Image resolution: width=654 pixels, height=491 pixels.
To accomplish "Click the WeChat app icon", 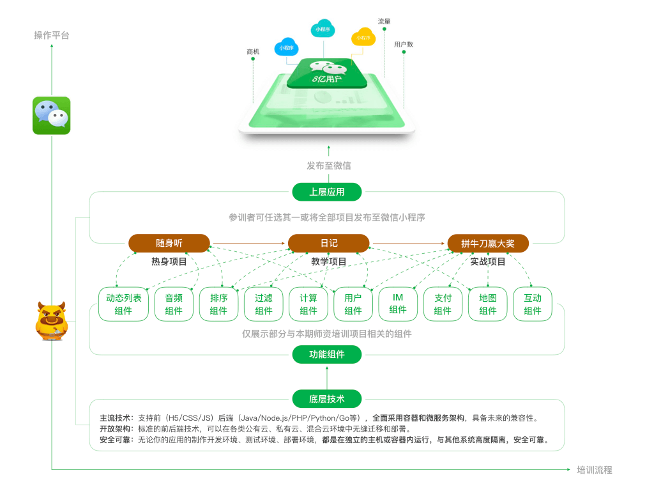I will (x=51, y=116).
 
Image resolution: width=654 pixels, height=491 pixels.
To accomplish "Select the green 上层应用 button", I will (x=327, y=192).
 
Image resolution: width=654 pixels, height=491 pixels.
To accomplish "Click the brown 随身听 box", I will (x=169, y=243).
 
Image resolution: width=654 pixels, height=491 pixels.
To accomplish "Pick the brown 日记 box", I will (x=328, y=243).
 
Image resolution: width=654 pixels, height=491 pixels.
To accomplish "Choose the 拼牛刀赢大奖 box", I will (x=488, y=243).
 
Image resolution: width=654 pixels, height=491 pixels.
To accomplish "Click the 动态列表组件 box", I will (x=123, y=304).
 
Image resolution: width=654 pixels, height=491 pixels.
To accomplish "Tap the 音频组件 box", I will (x=174, y=304).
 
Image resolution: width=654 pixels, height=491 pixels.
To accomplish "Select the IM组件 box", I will (x=398, y=304).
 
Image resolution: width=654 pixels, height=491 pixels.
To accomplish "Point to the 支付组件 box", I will (x=443, y=304).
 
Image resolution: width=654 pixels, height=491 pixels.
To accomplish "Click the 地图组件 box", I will (x=488, y=304).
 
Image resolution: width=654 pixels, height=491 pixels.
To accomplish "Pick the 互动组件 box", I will (x=533, y=304).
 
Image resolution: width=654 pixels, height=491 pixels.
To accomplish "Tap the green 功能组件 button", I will (x=327, y=354).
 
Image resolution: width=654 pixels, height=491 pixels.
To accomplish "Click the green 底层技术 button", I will (x=327, y=399).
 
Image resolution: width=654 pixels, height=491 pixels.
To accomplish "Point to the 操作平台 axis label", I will (x=52, y=35).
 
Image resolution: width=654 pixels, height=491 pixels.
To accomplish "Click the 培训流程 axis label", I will (x=594, y=470).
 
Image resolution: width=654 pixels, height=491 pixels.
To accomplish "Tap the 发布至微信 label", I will (x=328, y=166).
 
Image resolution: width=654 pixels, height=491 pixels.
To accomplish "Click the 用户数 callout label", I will (x=404, y=44).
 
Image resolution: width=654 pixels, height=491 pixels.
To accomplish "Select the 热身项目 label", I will (x=169, y=261).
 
